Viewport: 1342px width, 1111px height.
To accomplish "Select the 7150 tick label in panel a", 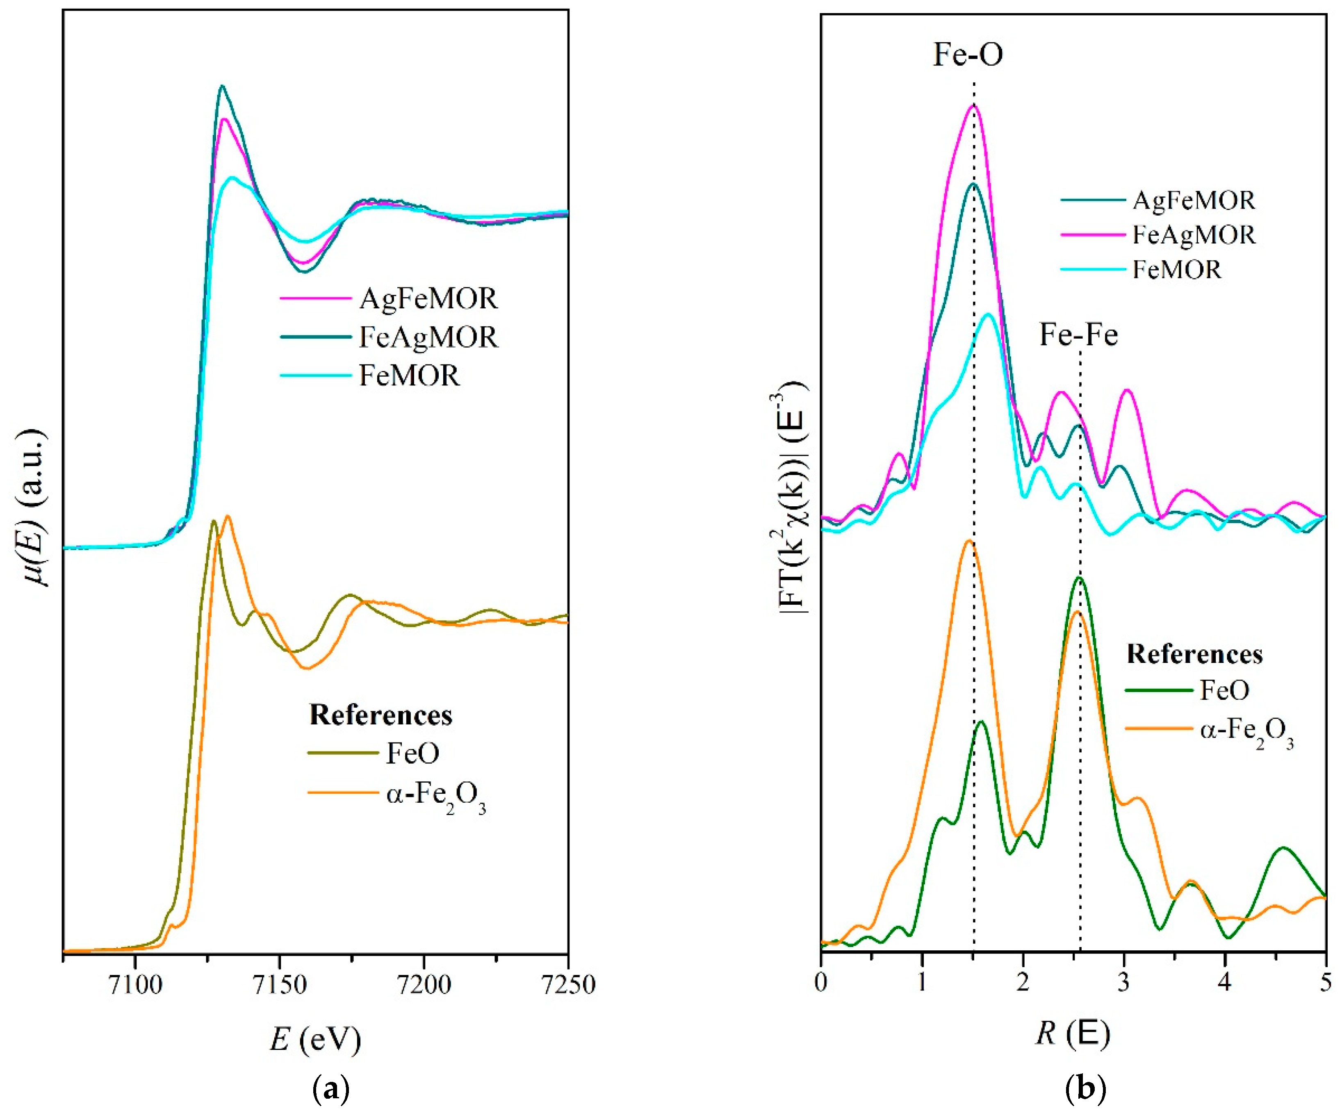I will pos(279,984).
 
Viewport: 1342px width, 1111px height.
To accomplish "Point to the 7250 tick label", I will pos(567,984).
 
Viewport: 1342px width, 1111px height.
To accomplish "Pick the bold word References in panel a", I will pos(381,715).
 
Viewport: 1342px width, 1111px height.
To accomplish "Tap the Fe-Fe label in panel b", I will pos(1079,335).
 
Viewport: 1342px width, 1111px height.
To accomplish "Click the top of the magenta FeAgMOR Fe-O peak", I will pos(973,106).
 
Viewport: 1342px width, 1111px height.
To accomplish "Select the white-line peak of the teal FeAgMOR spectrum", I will pos(222,86).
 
